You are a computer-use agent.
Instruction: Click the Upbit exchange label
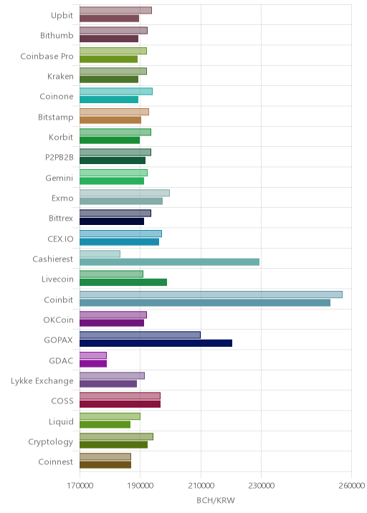62,15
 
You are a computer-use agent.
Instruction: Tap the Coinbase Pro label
47,57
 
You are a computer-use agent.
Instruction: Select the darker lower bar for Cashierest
170,262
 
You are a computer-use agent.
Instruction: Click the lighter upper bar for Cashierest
100,254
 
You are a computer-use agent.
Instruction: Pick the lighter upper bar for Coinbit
211,294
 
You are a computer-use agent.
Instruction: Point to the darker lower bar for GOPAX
156,343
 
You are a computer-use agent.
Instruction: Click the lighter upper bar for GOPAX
140,335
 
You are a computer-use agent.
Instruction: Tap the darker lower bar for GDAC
93,363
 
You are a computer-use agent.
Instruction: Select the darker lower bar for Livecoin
123,282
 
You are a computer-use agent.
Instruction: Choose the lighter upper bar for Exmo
125,193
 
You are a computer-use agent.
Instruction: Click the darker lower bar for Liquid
105,424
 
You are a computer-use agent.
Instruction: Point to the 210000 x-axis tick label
201,485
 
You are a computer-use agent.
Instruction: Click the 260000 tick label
352,485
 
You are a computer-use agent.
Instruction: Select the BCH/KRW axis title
216,500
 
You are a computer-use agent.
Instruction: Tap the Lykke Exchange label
42,381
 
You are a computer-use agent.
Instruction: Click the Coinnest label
56,461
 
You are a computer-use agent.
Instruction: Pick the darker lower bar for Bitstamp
110,120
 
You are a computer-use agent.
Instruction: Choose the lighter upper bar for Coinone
116,91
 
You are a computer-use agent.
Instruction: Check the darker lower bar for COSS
120,404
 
